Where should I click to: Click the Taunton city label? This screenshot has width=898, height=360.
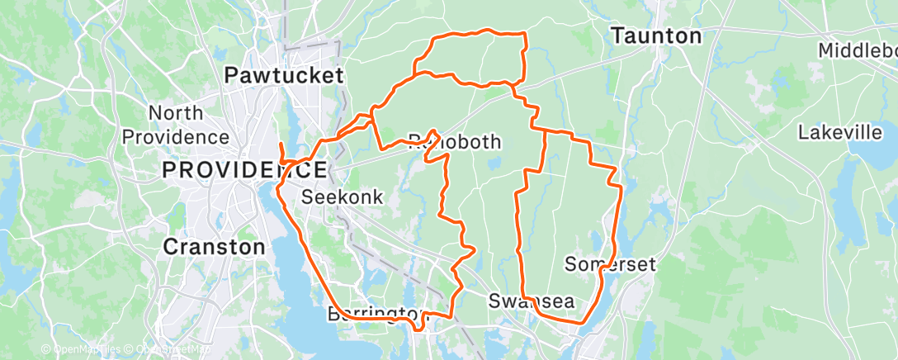(657, 36)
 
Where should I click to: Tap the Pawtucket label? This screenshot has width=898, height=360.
(284, 76)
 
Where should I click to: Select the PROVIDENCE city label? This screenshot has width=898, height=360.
(243, 171)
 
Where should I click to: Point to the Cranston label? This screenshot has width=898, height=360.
(214, 246)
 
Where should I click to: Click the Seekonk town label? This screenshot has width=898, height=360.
(342, 197)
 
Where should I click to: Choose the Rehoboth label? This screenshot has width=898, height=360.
(455, 142)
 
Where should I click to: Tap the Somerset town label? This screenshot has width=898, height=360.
(610, 264)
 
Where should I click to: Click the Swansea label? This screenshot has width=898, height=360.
(531, 301)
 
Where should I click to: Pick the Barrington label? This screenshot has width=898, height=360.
(378, 314)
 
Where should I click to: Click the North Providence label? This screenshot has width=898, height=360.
(176, 125)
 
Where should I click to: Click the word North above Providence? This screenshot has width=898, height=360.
(176, 113)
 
